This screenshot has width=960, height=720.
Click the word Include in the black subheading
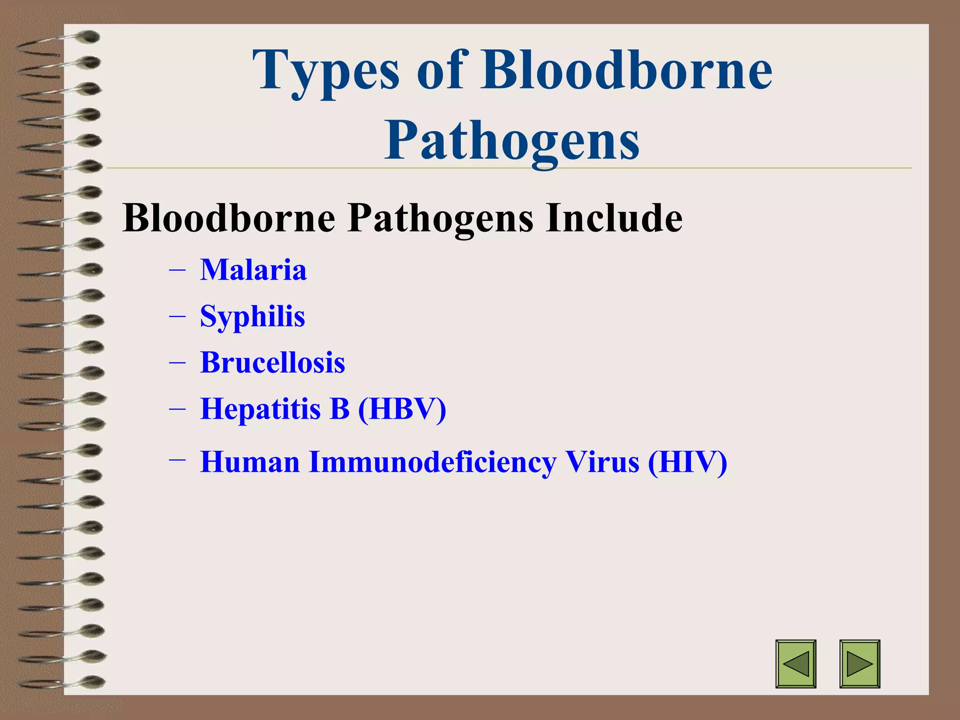click(x=614, y=218)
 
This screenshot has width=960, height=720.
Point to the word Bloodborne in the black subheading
click(x=229, y=218)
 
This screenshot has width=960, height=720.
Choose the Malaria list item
click(x=254, y=270)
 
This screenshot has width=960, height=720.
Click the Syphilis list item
click(x=253, y=316)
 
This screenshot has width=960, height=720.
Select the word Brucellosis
click(x=273, y=362)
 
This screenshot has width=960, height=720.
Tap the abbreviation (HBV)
click(x=402, y=409)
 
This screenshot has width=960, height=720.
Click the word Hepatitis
click(x=260, y=409)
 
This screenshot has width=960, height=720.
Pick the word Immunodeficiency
click(x=432, y=462)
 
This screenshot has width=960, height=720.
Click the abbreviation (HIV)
click(x=687, y=462)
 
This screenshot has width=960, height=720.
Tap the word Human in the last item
click(x=250, y=462)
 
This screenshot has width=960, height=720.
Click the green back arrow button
click(x=795, y=664)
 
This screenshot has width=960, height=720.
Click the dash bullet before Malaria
click(x=177, y=271)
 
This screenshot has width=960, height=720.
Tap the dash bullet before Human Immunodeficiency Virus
click(x=177, y=460)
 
